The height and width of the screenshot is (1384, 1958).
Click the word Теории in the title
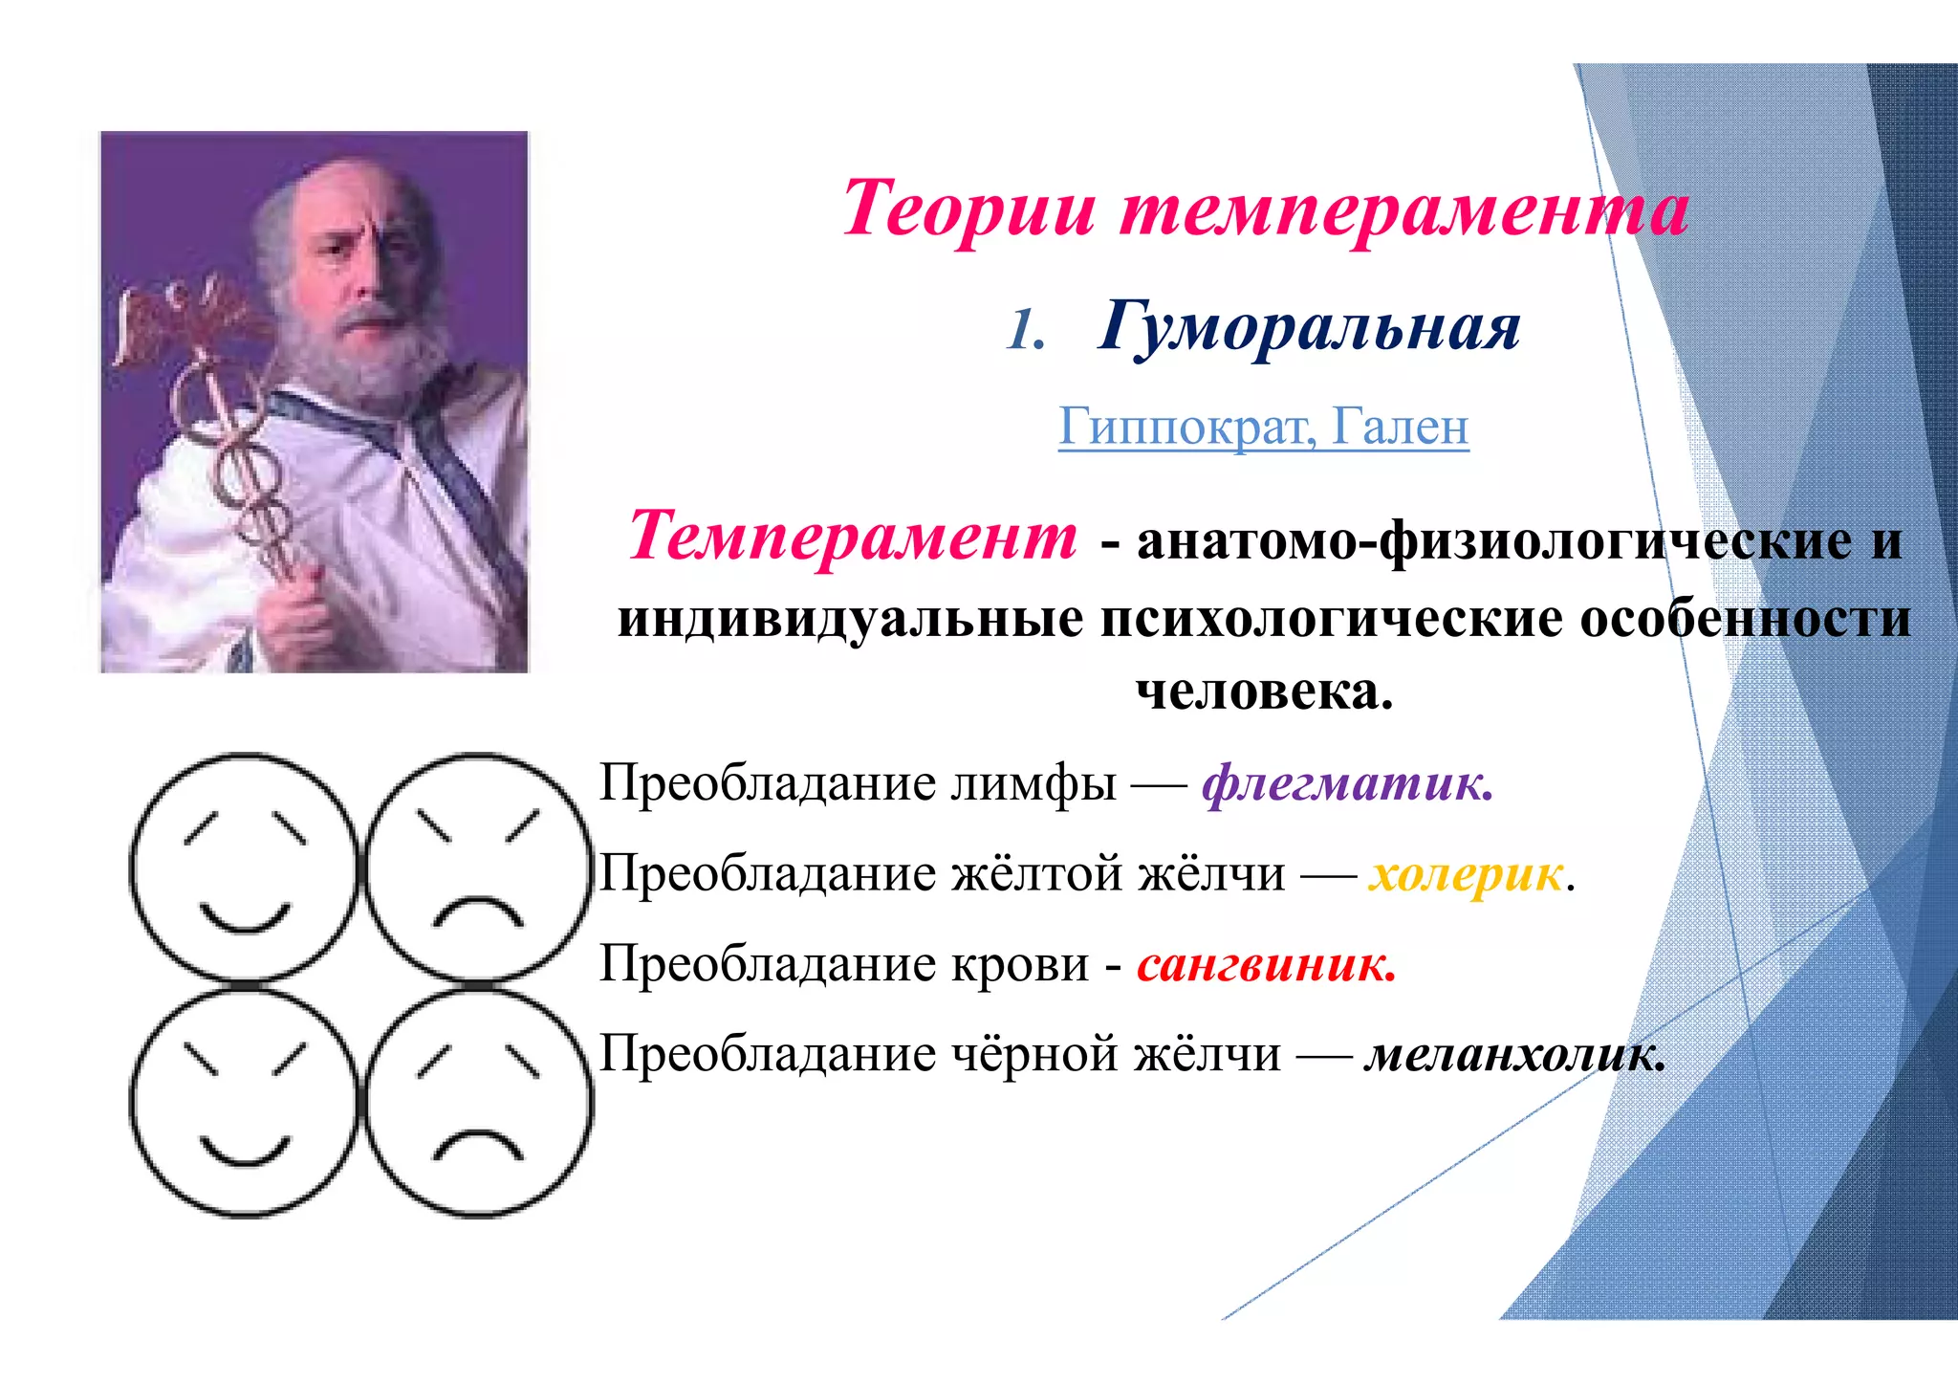[968, 209]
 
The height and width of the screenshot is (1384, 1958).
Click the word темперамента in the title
[1403, 209]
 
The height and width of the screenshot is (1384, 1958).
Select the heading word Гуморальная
[1308, 328]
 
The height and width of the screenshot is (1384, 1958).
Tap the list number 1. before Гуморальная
[1026, 332]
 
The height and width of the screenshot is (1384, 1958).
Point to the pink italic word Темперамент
[853, 537]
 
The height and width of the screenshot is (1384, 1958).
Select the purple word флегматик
[1346, 784]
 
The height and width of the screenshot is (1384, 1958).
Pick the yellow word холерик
[1466, 874]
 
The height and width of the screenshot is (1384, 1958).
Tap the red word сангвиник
[1266, 964]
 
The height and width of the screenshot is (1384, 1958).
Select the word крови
[1019, 964]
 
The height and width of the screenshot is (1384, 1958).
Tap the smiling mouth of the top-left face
[245, 920]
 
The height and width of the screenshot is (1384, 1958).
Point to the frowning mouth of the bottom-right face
[478, 1144]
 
